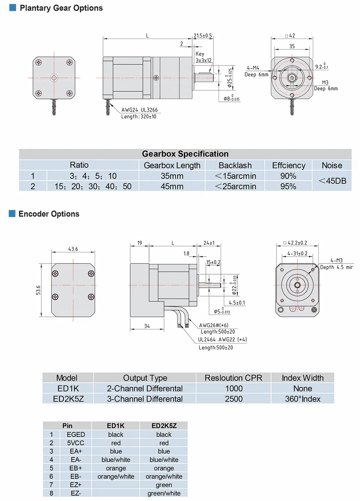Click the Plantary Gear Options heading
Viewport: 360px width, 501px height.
tap(61, 8)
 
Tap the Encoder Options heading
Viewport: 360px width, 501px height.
tap(49, 214)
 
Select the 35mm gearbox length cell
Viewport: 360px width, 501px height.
tap(172, 176)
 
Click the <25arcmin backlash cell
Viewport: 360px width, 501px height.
tap(235, 186)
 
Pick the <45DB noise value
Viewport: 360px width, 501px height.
tap(332, 181)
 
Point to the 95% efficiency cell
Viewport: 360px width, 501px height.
tap(288, 186)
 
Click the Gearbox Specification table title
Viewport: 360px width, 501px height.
tap(185, 154)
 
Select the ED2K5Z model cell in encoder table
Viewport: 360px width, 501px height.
tap(68, 399)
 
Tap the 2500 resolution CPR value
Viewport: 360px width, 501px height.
tap(234, 399)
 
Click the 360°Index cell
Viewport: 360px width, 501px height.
tap(302, 399)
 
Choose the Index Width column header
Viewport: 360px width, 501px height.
tap(302, 378)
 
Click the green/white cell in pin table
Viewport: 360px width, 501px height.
tap(164, 493)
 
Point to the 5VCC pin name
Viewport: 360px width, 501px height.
tap(76, 443)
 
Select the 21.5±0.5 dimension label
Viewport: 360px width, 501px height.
tap(203, 36)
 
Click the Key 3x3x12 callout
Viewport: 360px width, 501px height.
tap(203, 57)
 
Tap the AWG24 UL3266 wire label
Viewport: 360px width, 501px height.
tap(139, 110)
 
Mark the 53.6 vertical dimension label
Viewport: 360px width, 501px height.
tap(38, 290)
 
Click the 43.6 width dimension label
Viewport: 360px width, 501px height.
tap(73, 249)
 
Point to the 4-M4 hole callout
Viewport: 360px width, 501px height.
tap(253, 68)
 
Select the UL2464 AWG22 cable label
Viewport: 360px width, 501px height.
tap(222, 339)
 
